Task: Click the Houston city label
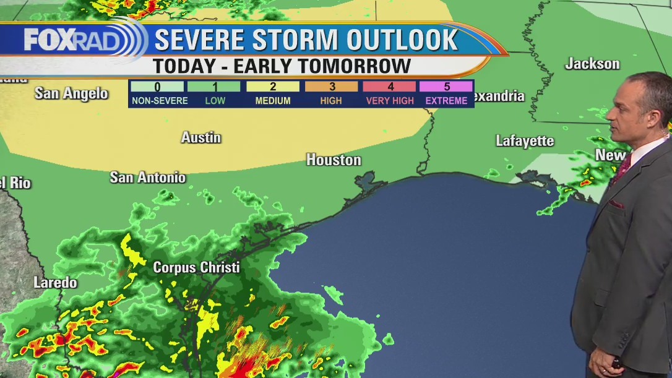click(x=334, y=160)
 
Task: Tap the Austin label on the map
click(x=200, y=137)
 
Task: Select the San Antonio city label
click(x=147, y=178)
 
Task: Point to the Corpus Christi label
click(x=196, y=268)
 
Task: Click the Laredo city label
click(x=55, y=283)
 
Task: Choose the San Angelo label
click(x=71, y=93)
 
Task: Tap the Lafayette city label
click(x=525, y=141)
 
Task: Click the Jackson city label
click(x=592, y=64)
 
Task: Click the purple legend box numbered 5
click(x=446, y=87)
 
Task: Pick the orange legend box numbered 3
click(x=331, y=87)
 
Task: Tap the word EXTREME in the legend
click(x=446, y=101)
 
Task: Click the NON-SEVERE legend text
click(x=159, y=101)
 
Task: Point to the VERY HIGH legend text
click(x=390, y=101)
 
